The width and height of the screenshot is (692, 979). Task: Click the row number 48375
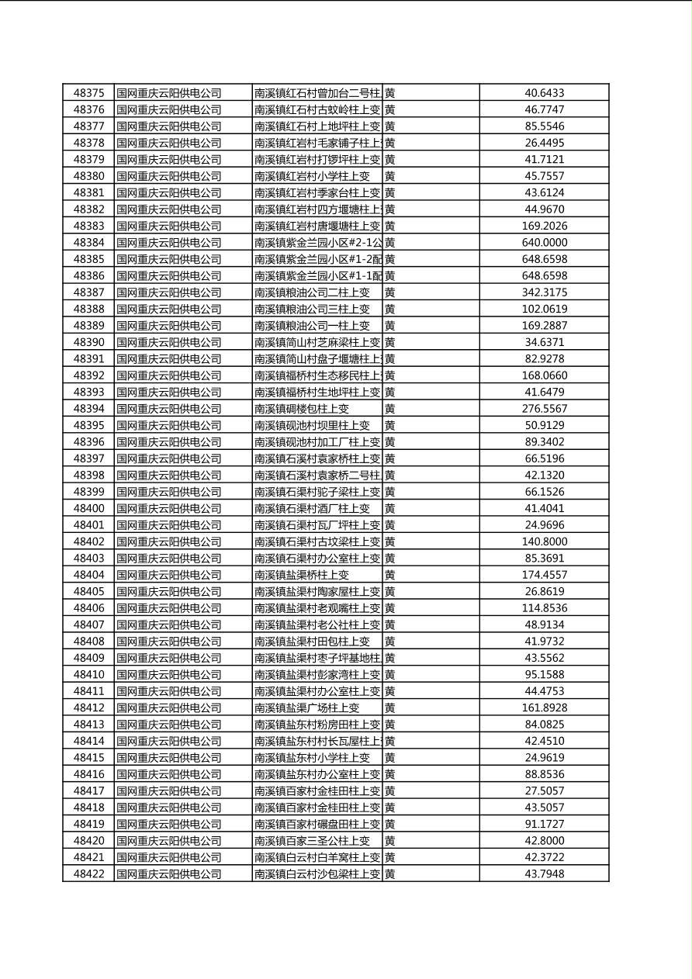88,93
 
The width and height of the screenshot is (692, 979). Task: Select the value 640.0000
544,243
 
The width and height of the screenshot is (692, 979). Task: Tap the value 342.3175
544,292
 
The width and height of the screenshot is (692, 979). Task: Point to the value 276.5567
544,409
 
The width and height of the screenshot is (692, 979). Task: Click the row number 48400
88,509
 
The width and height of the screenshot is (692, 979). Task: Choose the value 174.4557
544,575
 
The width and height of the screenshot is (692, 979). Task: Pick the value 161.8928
544,707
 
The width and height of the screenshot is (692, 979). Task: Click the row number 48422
88,874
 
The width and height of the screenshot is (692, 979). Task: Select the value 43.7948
544,874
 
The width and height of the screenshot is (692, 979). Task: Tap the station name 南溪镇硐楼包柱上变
302,409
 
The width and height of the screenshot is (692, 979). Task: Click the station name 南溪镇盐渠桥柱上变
302,575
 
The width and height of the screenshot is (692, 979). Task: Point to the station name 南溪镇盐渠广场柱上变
307,707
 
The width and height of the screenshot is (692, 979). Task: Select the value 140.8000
544,541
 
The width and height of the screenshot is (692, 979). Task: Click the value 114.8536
544,608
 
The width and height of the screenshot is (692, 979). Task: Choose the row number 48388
88,309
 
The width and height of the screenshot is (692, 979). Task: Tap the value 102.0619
544,309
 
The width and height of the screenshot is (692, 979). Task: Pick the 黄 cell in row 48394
390,409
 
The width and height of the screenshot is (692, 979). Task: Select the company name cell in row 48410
169,675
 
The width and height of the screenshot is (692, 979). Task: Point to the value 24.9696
544,525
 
